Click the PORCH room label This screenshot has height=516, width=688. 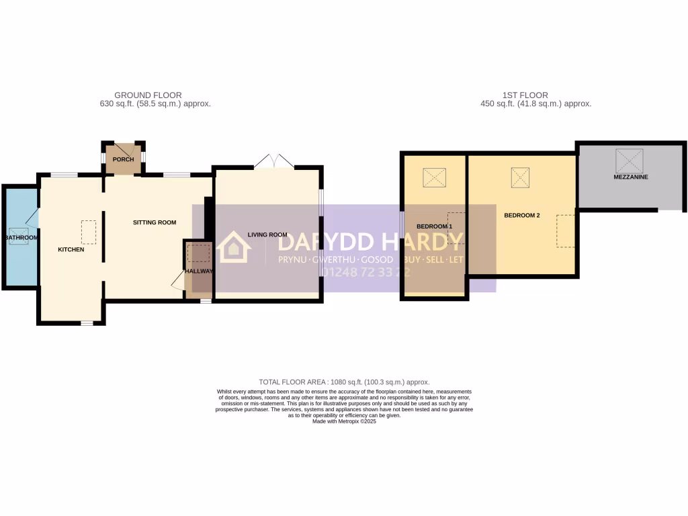point(123,159)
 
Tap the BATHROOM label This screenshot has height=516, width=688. point(21,238)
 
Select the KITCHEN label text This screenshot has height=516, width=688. point(71,250)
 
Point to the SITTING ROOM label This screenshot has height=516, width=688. point(155,222)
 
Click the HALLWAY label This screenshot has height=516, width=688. point(200,271)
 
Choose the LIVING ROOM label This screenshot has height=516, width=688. point(267,234)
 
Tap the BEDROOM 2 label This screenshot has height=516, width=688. point(522,216)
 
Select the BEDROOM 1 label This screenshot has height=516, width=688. point(434,226)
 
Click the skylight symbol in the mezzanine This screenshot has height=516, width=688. point(630,160)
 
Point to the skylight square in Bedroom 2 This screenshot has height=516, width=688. point(521,177)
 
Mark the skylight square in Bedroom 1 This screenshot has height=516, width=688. point(434,178)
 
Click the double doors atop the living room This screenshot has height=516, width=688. point(273,162)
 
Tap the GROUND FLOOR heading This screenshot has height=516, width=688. point(148,95)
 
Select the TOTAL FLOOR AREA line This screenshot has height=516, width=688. point(344,382)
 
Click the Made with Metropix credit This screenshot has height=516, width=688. point(344,421)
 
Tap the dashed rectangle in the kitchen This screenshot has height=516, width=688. point(88,232)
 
